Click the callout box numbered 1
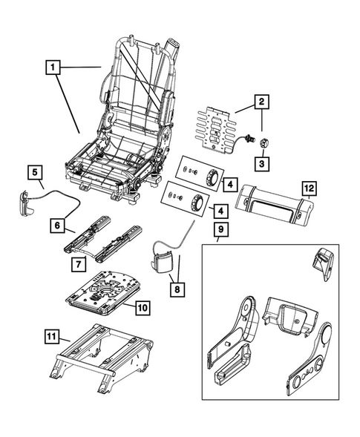click(x=52, y=69)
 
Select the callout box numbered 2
click(x=261, y=100)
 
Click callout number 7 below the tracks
click(x=77, y=263)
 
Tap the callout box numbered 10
click(x=142, y=304)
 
